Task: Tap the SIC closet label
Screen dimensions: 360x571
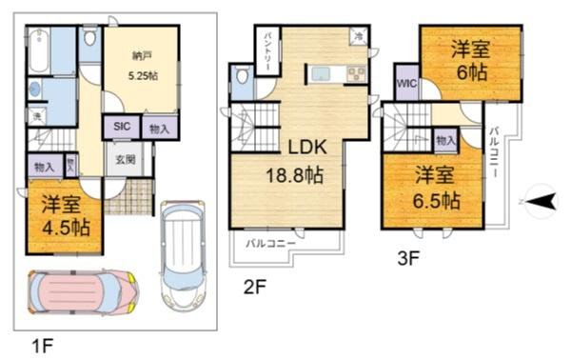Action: click(123, 127)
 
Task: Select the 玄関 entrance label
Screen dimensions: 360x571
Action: click(125, 158)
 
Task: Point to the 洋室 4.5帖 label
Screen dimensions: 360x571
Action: click(64, 217)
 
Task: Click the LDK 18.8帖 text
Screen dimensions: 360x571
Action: click(302, 162)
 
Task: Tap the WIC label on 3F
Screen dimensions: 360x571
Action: click(407, 84)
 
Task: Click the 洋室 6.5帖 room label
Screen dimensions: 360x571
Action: click(437, 189)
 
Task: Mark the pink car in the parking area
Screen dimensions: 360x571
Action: click(82, 292)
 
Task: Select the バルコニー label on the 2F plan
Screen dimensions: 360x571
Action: click(270, 244)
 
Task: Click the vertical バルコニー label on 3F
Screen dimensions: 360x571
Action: click(495, 157)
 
